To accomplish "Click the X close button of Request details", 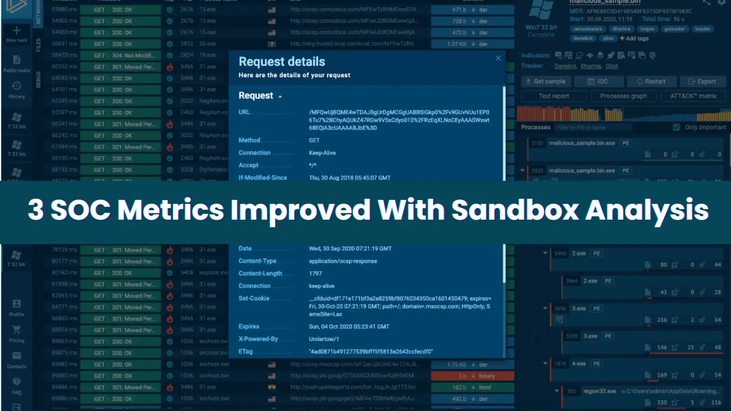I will (498, 58).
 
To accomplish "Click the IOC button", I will (598, 81).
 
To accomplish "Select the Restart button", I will (651, 81).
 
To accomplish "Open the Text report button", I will (554, 96).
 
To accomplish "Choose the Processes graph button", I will (623, 96).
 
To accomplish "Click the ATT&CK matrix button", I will (693, 96).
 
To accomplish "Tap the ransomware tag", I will (588, 29).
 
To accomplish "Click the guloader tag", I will (674, 29).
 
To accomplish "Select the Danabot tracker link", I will (565, 66).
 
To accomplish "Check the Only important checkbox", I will (676, 127).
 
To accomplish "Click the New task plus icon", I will (16, 31).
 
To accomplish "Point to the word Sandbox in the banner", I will (515, 210).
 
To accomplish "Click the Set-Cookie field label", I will (254, 298).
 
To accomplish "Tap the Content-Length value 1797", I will (315, 274).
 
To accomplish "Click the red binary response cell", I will (473, 376).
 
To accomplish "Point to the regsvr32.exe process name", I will (599, 391).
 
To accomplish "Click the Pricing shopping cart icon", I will (16, 330).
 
